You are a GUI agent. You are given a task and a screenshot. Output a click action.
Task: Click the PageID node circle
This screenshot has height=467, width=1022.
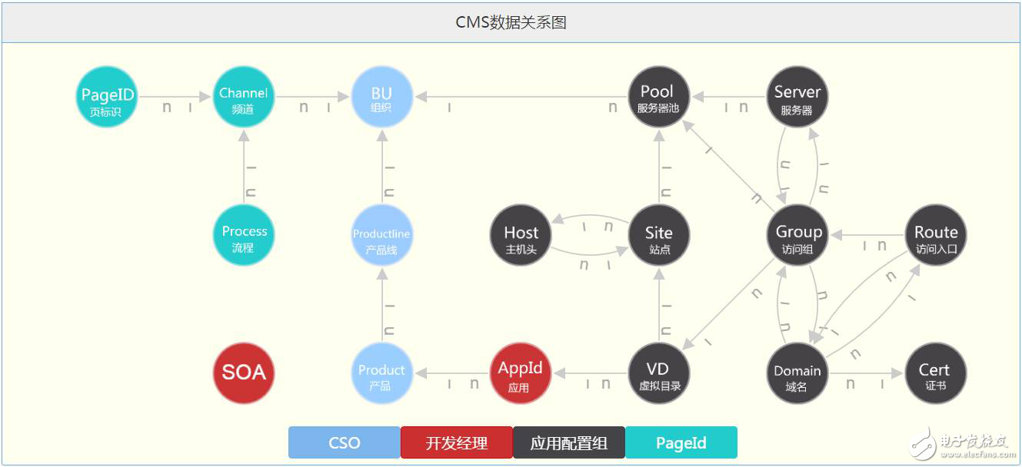pos(108,98)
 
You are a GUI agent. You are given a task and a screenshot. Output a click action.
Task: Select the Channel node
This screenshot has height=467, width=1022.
pos(244,98)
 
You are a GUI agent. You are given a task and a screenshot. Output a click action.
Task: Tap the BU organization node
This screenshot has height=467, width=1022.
pos(382,98)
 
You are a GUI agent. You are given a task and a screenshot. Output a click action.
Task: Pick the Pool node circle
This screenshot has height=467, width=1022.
pos(658,98)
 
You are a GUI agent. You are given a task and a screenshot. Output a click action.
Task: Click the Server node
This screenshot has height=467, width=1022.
pos(797,98)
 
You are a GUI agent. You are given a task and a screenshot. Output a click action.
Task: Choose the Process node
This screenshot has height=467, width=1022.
pos(244,236)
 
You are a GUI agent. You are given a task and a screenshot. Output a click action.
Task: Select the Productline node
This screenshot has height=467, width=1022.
pos(382,236)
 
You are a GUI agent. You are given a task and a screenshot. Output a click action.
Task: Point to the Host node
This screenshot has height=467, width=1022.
pos(521,236)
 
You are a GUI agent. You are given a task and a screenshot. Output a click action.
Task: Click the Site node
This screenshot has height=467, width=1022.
pos(658,236)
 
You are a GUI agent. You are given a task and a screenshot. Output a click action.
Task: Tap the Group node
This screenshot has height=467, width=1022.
pos(797,236)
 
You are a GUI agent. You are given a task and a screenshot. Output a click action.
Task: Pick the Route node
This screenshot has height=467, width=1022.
pos(935,236)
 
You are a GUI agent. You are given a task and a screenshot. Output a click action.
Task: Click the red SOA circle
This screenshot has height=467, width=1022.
pos(244,373)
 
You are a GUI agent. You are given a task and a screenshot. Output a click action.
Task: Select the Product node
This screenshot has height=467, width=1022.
pos(382,373)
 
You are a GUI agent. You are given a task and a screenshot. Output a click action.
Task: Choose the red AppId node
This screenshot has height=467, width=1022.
pos(521,373)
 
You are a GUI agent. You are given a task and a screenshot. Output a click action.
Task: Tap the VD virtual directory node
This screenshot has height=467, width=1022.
pos(658,373)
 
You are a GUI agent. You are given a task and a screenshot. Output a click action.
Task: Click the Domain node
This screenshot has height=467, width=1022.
pos(797,373)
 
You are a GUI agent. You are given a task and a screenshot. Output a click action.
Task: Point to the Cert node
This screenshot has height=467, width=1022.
pos(935,373)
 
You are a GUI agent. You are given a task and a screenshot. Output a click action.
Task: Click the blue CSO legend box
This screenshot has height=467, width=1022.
pos(344,443)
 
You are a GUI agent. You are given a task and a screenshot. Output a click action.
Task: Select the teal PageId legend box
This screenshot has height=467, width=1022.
pos(681,443)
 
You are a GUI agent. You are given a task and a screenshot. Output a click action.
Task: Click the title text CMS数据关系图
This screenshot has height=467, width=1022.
pos(511,22)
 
